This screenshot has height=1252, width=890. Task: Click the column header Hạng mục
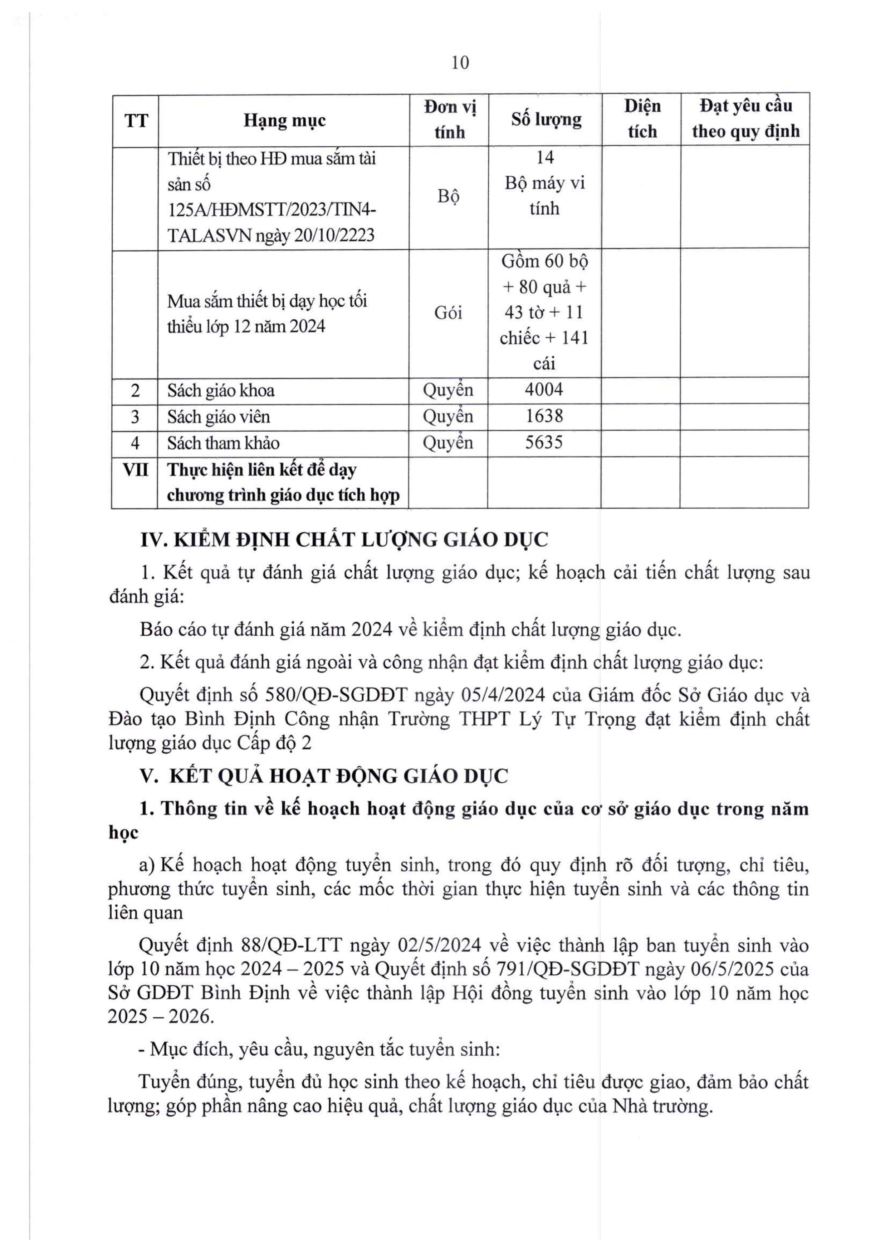tap(284, 120)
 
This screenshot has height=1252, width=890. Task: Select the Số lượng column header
tap(546, 119)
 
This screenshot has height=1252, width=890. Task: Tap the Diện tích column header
tap(642, 118)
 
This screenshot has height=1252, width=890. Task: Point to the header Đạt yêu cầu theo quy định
tap(745, 118)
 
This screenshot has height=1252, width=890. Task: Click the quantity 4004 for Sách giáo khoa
tap(544, 390)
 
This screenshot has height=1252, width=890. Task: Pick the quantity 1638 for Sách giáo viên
tap(544, 416)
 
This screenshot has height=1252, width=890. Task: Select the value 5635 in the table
tap(544, 442)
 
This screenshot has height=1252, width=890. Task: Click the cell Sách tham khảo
tap(224, 443)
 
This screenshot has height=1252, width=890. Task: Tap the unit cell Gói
tap(448, 313)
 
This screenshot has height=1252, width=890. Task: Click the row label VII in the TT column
tap(135, 470)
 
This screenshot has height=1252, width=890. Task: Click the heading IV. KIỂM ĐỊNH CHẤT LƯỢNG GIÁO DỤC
tap(344, 540)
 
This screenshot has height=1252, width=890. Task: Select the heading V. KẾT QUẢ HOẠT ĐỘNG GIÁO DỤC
tap(324, 776)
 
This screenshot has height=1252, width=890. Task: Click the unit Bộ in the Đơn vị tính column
tap(448, 196)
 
